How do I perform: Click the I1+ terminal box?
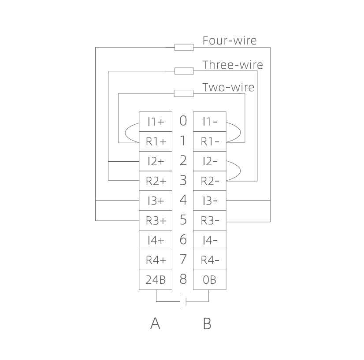pos(155,122)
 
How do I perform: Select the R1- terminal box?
pos(209,141)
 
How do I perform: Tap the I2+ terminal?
pos(155,161)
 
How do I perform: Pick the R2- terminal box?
pos(209,181)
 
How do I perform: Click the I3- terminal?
pos(209,201)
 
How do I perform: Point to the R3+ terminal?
pos(155,221)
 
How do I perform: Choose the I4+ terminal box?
pos(155,241)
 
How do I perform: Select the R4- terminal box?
pos(209,260)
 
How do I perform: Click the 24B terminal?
pos(155,280)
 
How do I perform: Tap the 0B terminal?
pos(209,280)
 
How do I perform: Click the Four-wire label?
pos(229,41)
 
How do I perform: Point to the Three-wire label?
pos(232,65)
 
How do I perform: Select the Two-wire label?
pos(228,87)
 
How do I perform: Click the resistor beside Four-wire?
pos(184,47)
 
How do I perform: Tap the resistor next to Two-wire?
pos(184,93)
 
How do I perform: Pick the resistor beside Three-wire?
pos(184,71)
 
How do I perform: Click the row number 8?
pos(183,279)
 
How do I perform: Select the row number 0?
pos(183,121)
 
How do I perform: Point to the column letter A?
pos(155,324)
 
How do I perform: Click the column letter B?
pos(207,324)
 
